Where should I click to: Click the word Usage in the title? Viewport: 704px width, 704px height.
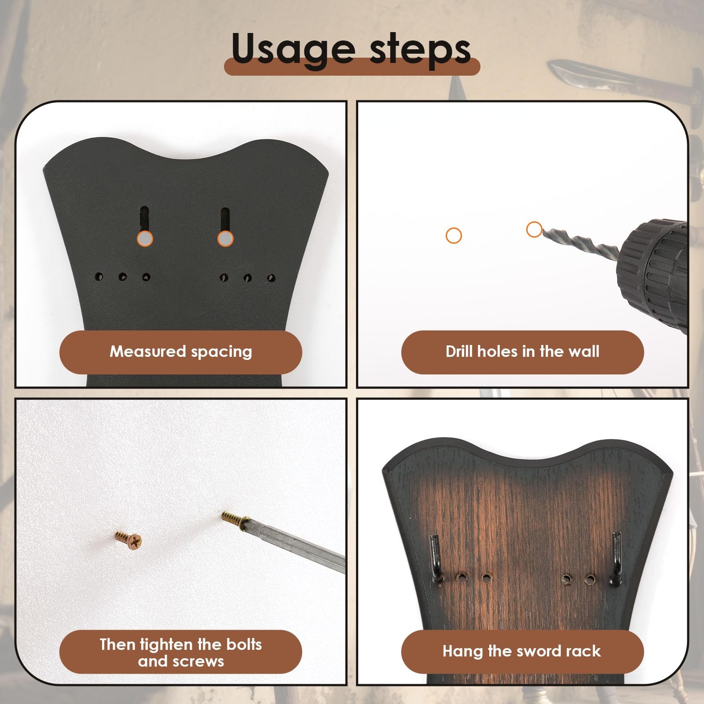pos(292,49)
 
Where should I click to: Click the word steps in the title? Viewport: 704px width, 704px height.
pos(420,49)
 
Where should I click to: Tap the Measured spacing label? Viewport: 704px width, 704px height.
pos(180,352)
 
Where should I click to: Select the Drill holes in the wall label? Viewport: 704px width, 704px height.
pos(522,352)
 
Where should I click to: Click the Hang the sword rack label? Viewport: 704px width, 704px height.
pos(522,651)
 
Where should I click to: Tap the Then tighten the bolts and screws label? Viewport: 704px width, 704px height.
pos(180,653)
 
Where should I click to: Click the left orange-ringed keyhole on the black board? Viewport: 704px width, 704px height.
pos(145,238)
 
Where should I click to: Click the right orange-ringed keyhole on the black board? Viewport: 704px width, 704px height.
pos(225,238)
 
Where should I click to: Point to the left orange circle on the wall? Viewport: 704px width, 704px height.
pos(454,235)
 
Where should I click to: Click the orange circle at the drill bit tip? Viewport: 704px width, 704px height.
pos(534,229)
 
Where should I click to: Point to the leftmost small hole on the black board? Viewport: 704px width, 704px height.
pos(99,277)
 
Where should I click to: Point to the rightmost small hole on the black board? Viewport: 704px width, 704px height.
pos(271,278)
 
